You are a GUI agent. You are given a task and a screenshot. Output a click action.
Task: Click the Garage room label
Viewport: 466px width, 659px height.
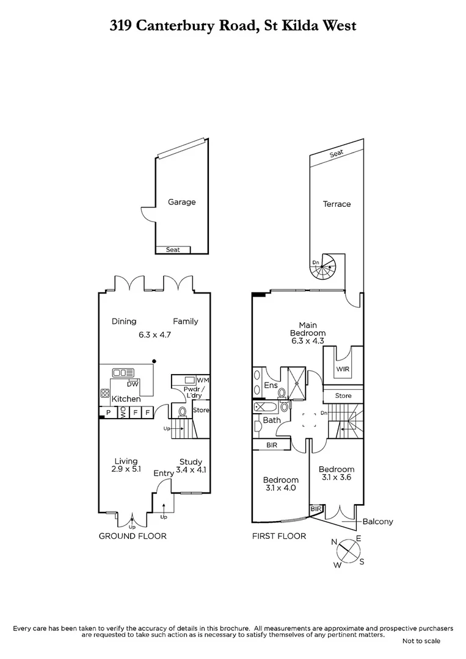[181, 202]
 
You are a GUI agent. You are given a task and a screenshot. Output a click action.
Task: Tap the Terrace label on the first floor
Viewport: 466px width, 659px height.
[337, 204]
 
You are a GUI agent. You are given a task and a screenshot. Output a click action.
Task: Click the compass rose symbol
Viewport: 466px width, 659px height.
[349, 550]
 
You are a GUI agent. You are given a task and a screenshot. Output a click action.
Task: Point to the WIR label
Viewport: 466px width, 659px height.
[340, 369]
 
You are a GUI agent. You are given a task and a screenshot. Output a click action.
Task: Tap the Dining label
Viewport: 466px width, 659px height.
[124, 322]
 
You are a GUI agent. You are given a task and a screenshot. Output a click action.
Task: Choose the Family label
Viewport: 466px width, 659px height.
[185, 322]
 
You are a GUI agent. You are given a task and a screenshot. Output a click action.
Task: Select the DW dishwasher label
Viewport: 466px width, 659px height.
[132, 384]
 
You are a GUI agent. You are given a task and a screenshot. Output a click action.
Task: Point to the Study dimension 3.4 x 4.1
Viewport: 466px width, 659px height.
[191, 470]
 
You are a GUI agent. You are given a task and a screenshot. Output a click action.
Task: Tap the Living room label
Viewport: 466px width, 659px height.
[126, 461]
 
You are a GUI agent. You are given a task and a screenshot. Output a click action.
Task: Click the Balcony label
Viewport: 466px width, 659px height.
[377, 522]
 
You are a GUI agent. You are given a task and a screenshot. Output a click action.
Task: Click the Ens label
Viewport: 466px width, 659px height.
[271, 386]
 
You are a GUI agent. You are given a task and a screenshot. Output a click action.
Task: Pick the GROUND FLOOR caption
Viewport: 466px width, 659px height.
[133, 536]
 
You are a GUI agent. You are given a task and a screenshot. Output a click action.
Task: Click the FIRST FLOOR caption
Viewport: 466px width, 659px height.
[279, 536]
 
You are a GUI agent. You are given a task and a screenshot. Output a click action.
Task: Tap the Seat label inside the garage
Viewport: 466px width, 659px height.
[173, 250]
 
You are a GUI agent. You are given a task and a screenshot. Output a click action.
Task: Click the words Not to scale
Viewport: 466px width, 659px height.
[421, 641]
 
